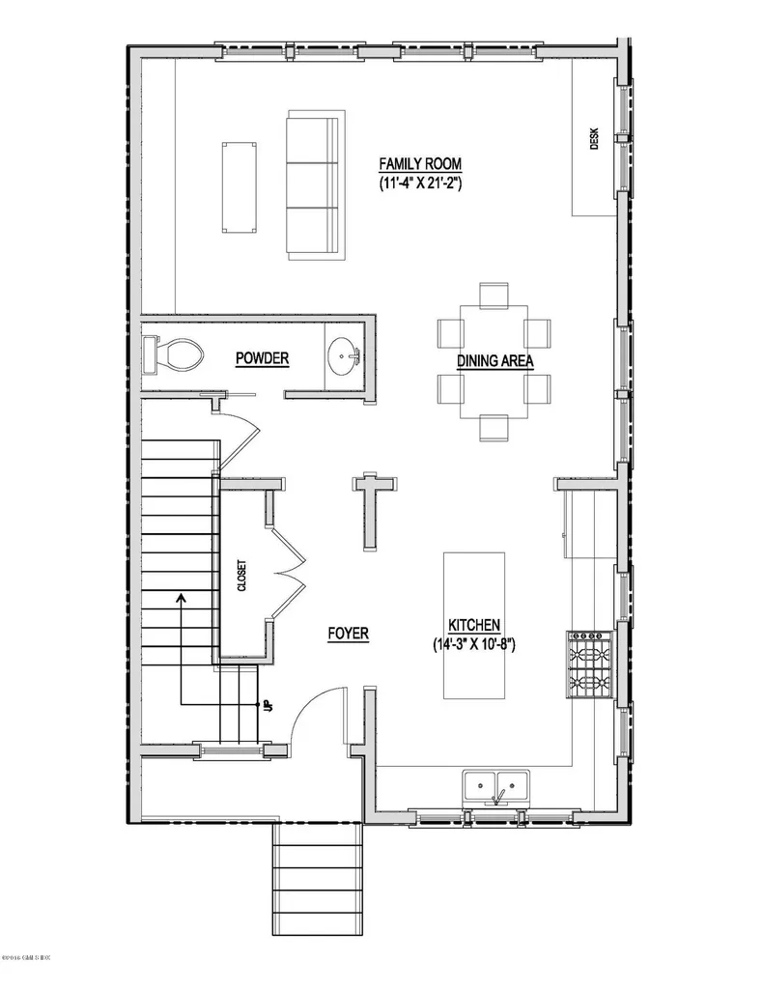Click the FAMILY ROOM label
419,163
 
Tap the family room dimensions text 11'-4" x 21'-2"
419,182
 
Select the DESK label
595,140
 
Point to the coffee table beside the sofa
239,186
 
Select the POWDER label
262,358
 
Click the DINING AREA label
495,361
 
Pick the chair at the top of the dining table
495,294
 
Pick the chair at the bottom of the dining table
495,426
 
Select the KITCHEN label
473,625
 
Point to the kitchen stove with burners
589,665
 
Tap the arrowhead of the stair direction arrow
181,597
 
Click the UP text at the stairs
265,706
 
